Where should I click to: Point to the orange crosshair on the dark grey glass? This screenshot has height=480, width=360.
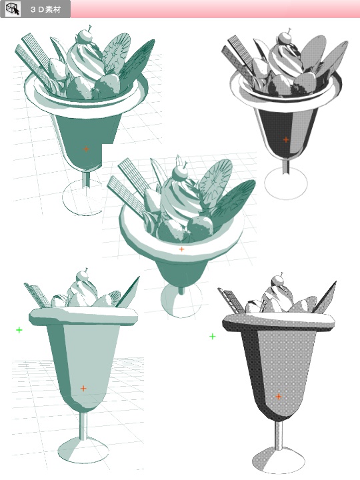click(286, 139)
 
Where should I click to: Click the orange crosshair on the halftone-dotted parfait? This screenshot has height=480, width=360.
click(279, 397)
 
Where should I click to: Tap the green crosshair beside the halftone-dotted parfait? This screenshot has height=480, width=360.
click(213, 337)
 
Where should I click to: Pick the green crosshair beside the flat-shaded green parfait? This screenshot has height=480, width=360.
click(19, 330)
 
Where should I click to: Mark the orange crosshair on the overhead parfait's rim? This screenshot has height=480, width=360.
click(181, 249)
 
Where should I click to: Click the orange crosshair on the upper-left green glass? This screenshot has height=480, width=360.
click(86, 149)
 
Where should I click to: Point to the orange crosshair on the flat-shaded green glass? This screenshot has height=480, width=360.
click(83, 388)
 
